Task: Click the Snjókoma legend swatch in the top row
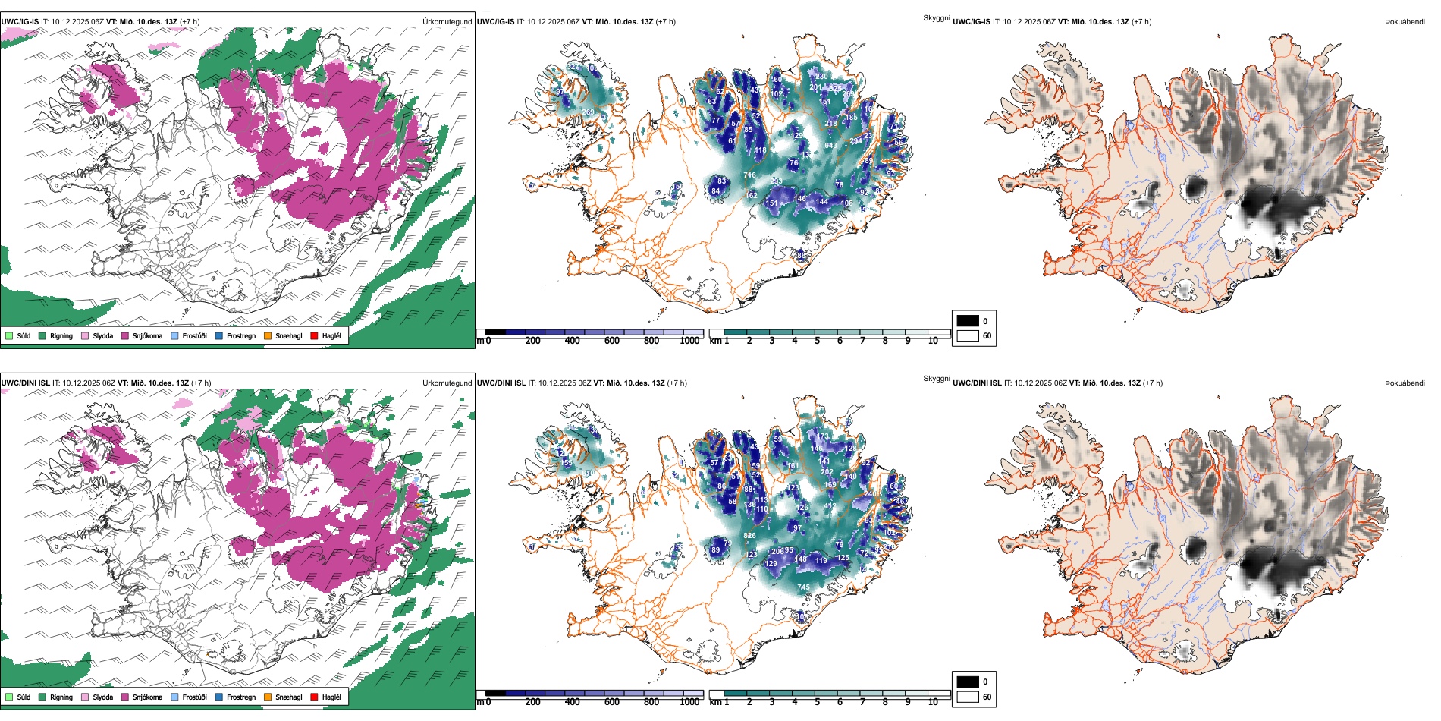(125, 335)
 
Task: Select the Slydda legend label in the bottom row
(102, 697)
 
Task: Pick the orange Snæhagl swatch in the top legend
(268, 335)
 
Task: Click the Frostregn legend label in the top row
(240, 335)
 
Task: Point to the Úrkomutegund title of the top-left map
(447, 22)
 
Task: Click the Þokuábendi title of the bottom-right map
(1405, 383)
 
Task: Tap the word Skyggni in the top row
(936, 17)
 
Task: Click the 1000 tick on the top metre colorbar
(689, 341)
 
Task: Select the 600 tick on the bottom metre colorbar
(611, 702)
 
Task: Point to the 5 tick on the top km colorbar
(817, 341)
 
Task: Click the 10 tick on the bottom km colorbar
(933, 702)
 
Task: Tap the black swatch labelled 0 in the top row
(968, 320)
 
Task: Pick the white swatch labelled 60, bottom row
(968, 697)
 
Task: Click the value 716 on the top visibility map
(749, 175)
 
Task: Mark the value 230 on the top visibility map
(821, 77)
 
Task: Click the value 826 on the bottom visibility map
(749, 536)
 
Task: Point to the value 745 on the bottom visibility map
(803, 587)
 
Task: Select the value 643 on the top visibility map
(830, 146)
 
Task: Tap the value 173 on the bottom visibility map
(824, 436)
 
